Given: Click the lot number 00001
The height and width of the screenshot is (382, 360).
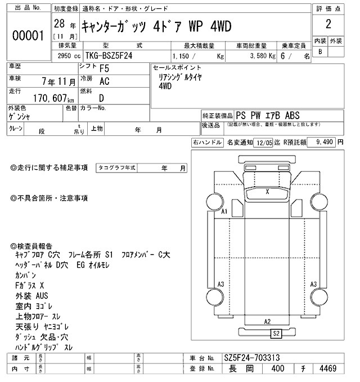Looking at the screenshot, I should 28,37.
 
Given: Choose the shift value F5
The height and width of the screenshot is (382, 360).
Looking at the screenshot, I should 104,69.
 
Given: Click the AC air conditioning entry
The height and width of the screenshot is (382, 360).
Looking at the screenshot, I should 104,81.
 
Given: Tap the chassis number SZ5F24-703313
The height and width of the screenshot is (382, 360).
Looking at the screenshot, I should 252,358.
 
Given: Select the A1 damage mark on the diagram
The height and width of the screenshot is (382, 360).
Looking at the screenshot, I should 223,212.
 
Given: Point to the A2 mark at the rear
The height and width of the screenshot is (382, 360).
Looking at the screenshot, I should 268,321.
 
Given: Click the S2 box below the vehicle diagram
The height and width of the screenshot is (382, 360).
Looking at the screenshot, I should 276,333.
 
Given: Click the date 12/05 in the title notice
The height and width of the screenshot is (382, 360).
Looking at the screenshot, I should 264,143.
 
